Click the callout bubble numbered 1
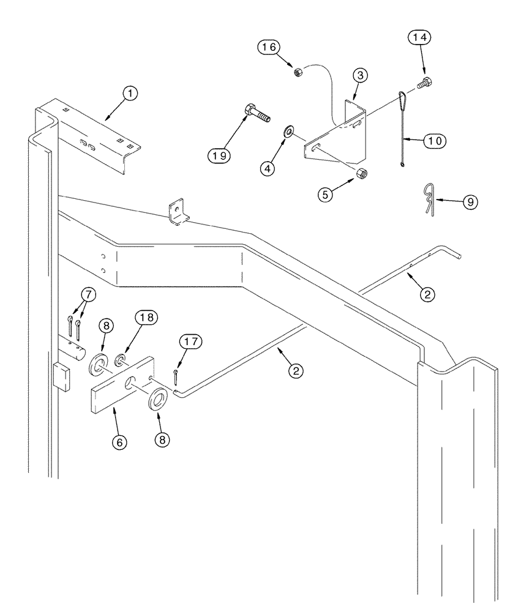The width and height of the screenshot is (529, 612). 130,94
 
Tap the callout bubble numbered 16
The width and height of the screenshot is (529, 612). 272,47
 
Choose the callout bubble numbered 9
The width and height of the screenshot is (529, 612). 470,201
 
